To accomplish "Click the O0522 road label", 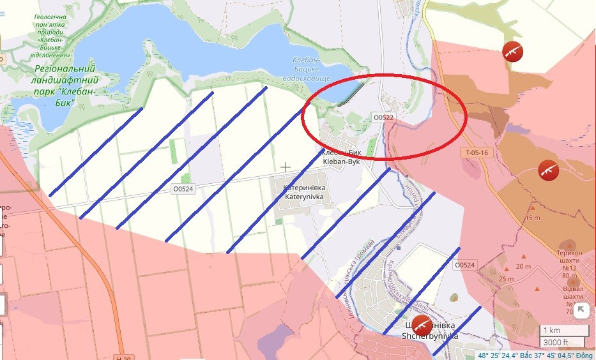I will [x=384, y=117].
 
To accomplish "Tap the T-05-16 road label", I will [x=477, y=153].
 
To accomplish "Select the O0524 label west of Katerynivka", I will [x=183, y=188].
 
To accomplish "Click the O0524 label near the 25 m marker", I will [x=465, y=265].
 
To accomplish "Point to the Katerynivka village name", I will [x=305, y=193].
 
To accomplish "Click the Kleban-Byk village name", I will [x=341, y=158].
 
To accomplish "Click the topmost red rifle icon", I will [x=512, y=51].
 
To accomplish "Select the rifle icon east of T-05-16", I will [x=548, y=169].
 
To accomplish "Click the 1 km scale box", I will [x=564, y=331].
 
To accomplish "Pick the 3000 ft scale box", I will [x=564, y=341].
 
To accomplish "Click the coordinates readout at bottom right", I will [x=536, y=356].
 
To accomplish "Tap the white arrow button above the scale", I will [x=581, y=311].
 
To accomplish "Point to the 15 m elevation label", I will [x=532, y=218].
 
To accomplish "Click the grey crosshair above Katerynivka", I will [x=286, y=167].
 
